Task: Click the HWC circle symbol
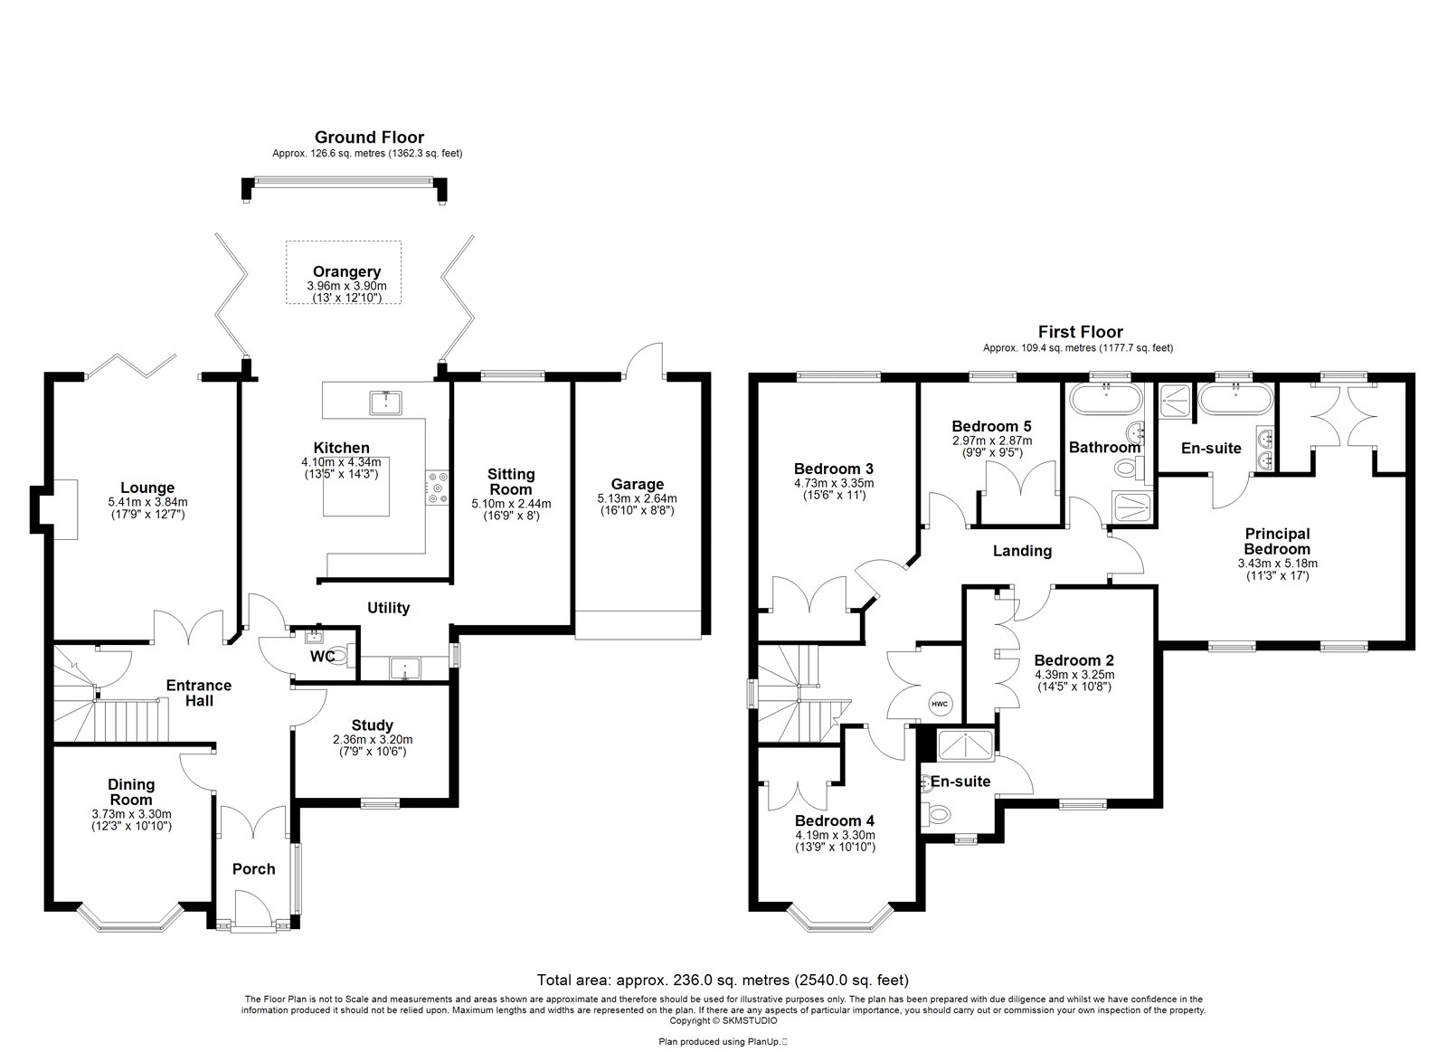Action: [x=940, y=704]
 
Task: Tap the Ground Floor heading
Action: [x=370, y=137]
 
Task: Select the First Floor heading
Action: [x=1081, y=331]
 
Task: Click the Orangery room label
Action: [x=347, y=271]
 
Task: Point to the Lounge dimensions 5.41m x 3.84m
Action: [x=148, y=502]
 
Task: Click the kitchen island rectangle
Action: [x=356, y=486]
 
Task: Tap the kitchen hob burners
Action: [x=438, y=488]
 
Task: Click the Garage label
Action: [x=638, y=484]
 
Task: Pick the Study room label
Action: [x=372, y=725]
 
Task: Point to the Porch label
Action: [x=254, y=869]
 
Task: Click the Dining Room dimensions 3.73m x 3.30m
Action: [x=132, y=814]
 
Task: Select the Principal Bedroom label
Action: [x=1277, y=542]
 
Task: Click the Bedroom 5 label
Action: [x=991, y=426]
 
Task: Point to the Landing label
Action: [x=1022, y=551]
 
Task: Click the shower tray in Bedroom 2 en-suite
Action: [x=966, y=745]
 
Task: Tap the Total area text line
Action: [x=723, y=981]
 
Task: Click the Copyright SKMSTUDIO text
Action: [x=723, y=1021]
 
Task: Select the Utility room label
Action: [x=388, y=608]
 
